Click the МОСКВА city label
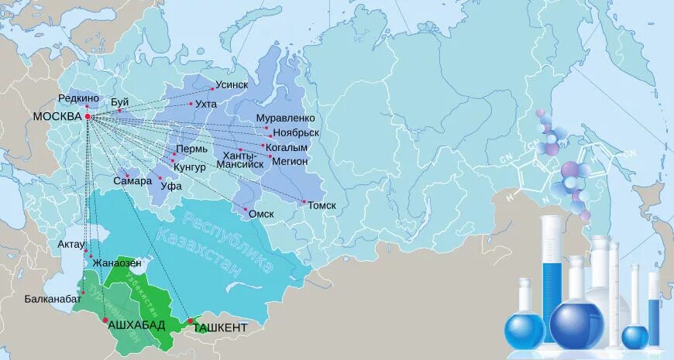[x=57, y=117]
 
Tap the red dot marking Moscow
[x=88, y=117]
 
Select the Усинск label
[x=232, y=86]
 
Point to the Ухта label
[x=206, y=104]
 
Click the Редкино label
[x=77, y=98]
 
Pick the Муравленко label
[x=285, y=118]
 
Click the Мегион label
[x=291, y=161]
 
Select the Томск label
[x=322, y=206]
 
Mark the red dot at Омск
[x=246, y=210]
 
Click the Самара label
[x=127, y=180]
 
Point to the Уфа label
[x=170, y=187]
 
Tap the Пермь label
[x=191, y=149]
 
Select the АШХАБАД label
[x=136, y=324]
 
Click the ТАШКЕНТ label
[x=221, y=327]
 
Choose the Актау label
[x=70, y=244]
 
